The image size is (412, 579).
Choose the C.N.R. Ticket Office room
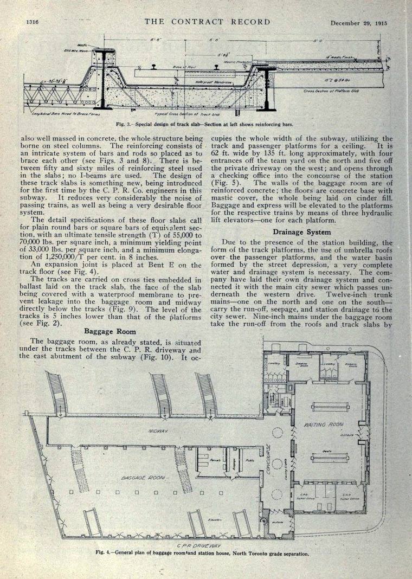(x=345, y=498)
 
